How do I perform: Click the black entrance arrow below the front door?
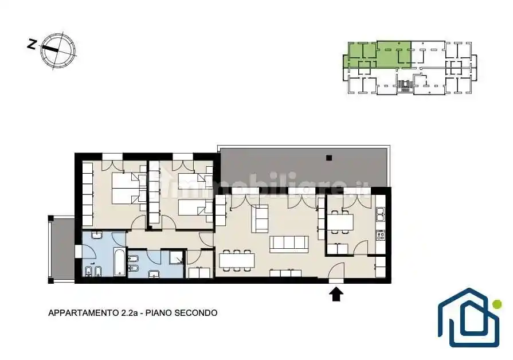pos(336,294)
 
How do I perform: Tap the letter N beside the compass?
pos(32,44)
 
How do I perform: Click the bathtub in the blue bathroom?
pos(120,262)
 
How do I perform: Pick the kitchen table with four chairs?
pos(340,222)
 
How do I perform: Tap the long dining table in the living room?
pos(237,260)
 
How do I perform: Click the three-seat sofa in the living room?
pos(289,244)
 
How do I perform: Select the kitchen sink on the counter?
pos(381,214)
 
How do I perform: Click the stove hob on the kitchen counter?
pos(381,235)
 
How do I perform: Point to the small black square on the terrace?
pos(329,158)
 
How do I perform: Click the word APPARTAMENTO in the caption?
pos(81,313)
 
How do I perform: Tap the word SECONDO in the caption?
pos(195,313)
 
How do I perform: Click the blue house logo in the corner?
pos(469,318)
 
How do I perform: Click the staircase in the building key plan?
pos(405,86)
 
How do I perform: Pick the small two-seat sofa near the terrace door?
pos(260,219)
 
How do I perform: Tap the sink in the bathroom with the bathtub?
pos(97,235)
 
